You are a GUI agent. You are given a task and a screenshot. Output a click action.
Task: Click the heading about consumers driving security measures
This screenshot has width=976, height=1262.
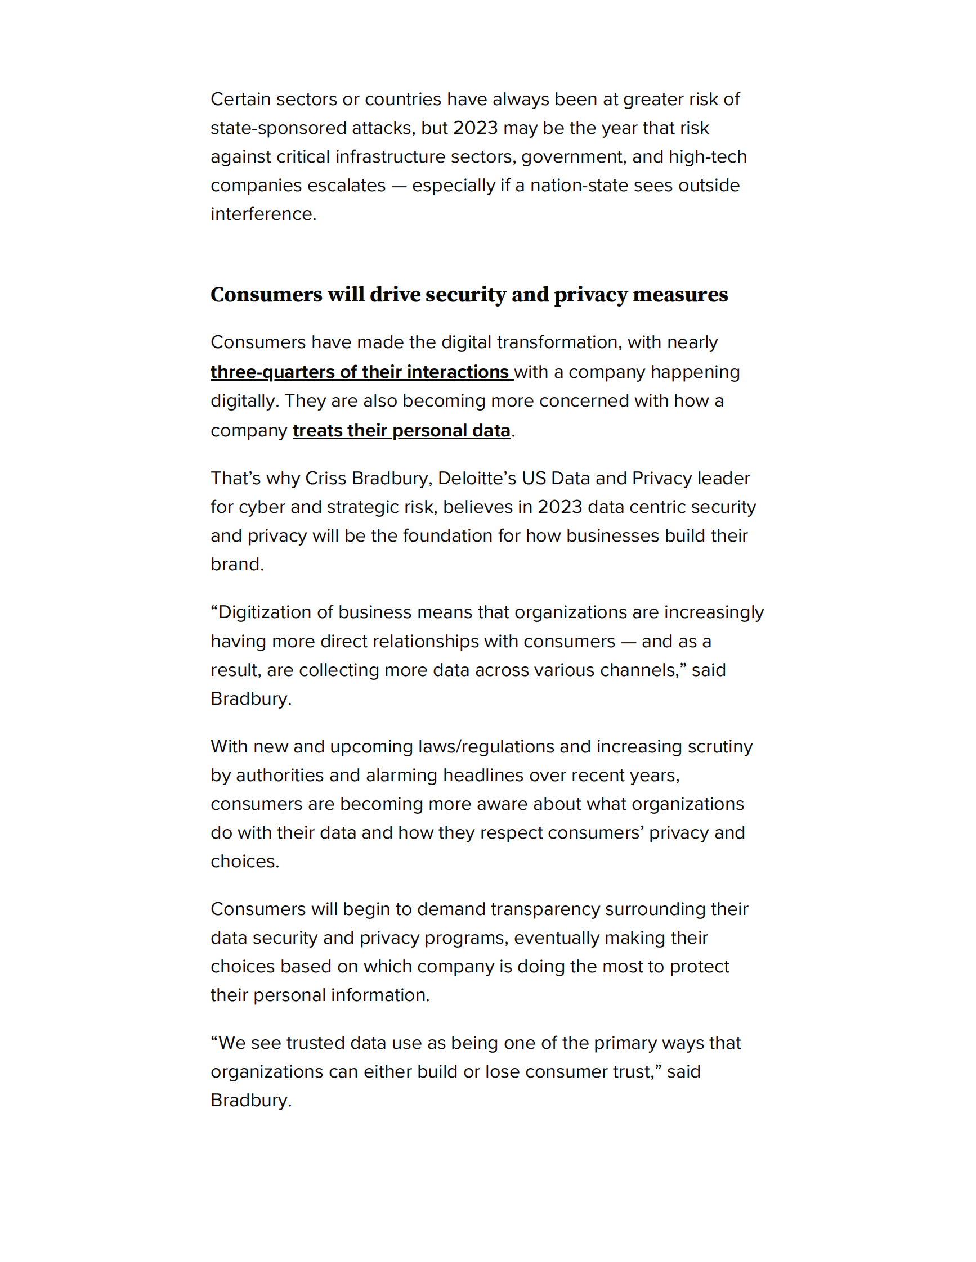469,295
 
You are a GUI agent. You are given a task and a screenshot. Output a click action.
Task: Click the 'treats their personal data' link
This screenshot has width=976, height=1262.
401,430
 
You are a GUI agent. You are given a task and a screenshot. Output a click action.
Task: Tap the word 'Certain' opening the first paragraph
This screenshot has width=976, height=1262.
240,100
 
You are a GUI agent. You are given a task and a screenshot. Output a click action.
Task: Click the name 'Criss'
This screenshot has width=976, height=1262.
325,479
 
